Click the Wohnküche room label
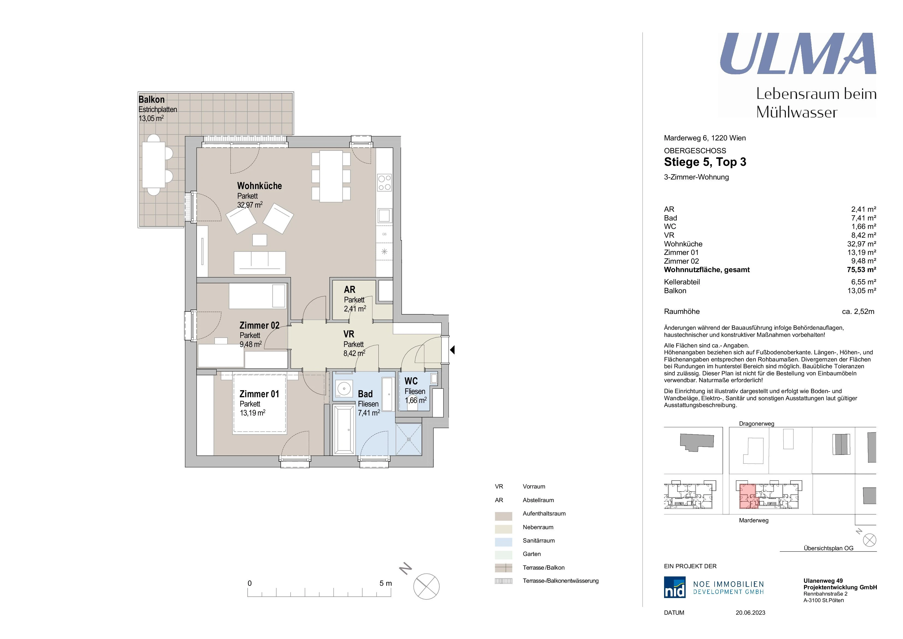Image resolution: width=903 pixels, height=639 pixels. pos(260,186)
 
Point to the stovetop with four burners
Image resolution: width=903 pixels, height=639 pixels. pos(384,182)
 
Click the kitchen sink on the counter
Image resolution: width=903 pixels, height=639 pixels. pos(384,216)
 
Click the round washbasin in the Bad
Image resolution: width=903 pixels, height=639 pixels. pos(344,389)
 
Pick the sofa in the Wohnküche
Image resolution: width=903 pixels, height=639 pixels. pos(260,263)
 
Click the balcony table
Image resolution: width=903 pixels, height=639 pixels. pos(154,165)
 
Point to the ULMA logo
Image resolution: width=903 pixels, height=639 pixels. pos(798,54)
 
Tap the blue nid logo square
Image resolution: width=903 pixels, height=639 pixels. pos(674,587)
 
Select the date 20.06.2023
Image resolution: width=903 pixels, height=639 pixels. pos(750,613)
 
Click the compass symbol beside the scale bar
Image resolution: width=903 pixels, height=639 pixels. pos(426,587)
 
